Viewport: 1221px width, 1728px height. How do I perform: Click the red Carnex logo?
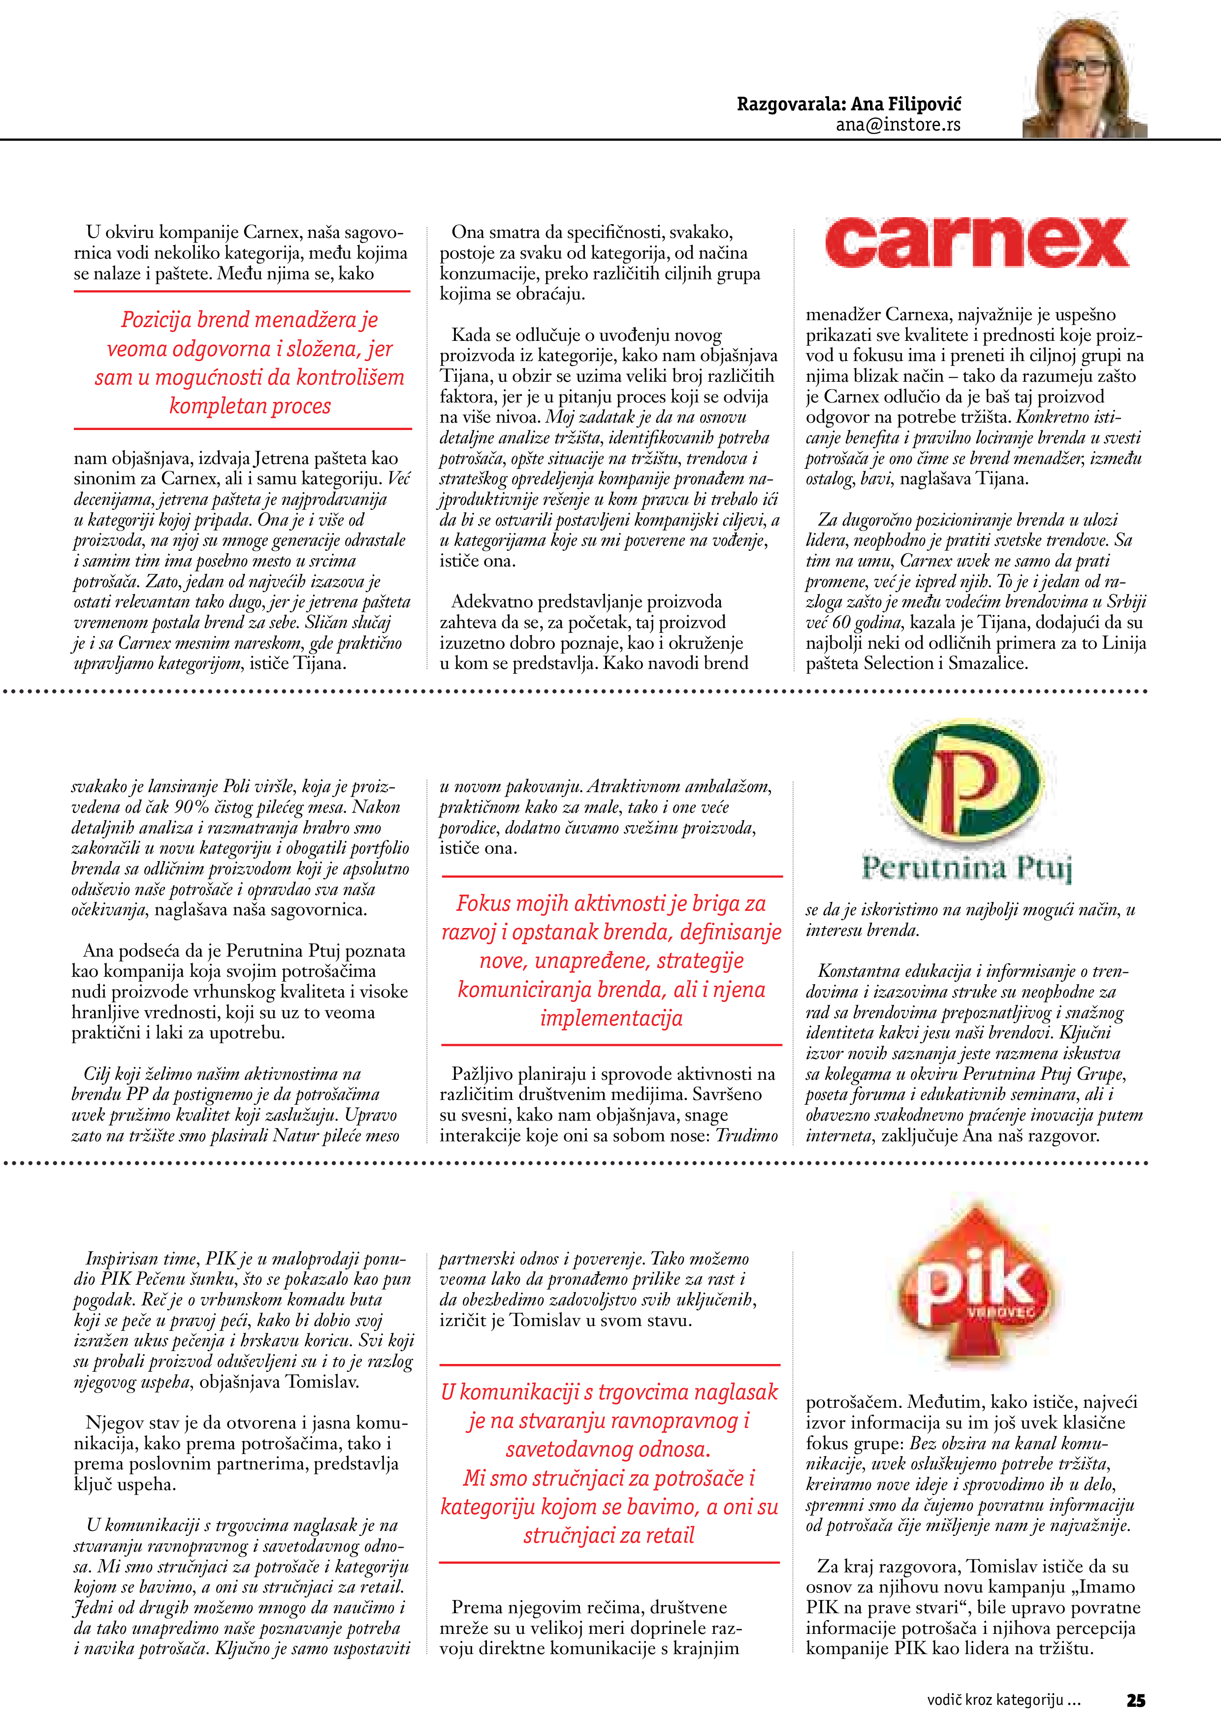point(976,242)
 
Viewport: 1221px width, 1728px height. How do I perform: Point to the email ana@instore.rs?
point(898,125)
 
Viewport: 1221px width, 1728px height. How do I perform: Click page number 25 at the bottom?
point(1135,1699)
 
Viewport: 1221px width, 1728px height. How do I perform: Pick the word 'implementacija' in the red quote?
point(611,1018)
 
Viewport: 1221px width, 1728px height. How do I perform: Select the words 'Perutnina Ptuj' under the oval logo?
point(967,868)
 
